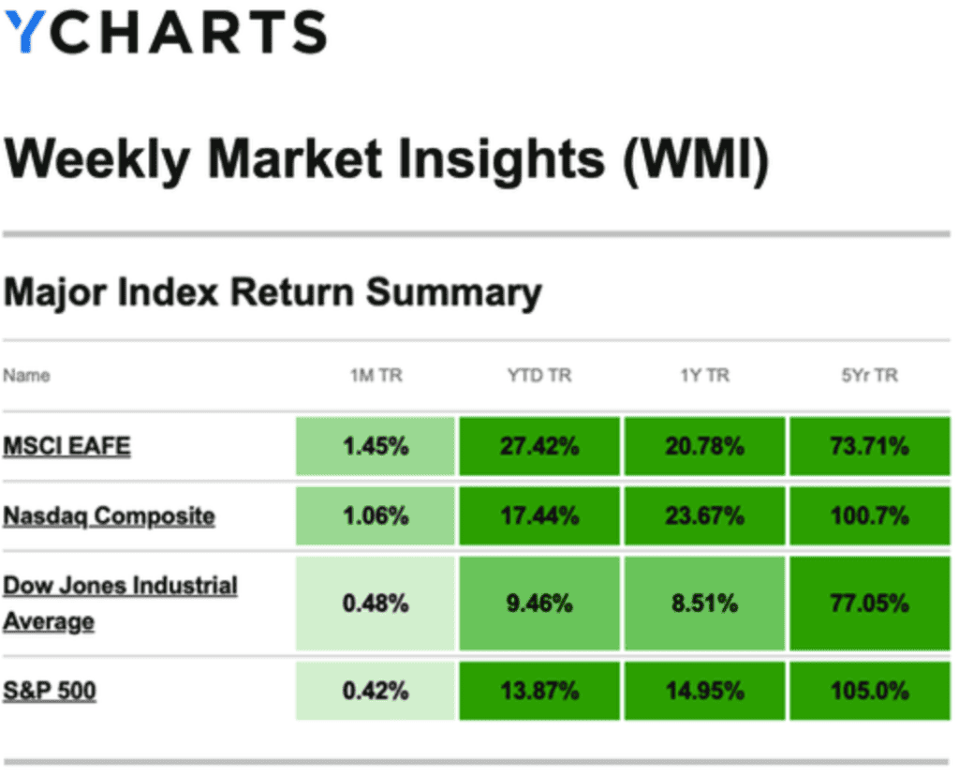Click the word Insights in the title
pos(494,159)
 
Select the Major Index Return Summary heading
pos(273,292)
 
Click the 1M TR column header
pos(375,376)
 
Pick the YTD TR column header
pos(539,376)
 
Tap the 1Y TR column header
pos(703,376)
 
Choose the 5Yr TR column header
pos(868,376)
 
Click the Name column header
pos(26,376)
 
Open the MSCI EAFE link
pos(66,446)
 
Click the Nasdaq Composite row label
pos(109,515)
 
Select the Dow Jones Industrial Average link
pos(120,603)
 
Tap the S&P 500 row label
pos(50,692)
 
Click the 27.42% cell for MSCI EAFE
pos(539,446)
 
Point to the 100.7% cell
pos(870,515)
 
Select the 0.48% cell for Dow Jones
pos(375,603)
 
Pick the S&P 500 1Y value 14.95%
pos(703,692)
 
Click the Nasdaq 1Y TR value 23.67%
pos(703,515)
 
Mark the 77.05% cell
pos(870,603)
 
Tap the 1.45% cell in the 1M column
pos(375,446)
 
